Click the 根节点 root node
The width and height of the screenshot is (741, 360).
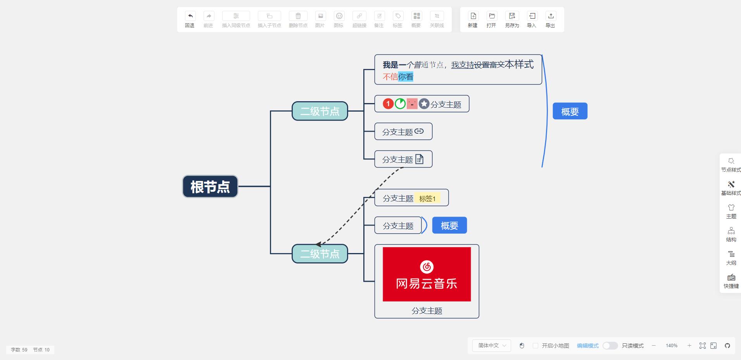[x=210, y=186]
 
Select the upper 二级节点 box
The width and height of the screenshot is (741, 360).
[x=320, y=111]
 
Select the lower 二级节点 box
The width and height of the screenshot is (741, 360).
[x=320, y=254]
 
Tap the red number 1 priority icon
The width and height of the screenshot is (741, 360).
[x=388, y=104]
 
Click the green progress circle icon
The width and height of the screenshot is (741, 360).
[x=400, y=104]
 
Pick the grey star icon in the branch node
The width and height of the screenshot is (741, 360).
[x=424, y=104]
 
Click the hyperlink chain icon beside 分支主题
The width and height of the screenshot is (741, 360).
[x=419, y=131]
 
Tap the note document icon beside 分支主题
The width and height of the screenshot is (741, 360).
[x=420, y=159]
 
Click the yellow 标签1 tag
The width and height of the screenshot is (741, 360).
[x=427, y=198]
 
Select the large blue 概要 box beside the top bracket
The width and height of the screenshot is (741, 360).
[x=570, y=111]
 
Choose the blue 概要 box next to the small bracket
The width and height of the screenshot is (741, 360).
[x=449, y=226]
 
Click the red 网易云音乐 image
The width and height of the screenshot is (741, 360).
[x=427, y=274]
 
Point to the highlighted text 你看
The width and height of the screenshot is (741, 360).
[x=406, y=77]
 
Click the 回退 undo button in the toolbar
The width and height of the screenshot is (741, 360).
[x=190, y=19]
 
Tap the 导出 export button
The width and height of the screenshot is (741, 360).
[x=551, y=19]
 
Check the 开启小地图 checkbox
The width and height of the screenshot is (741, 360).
[x=535, y=346]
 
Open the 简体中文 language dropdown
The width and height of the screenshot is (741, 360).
[x=492, y=346]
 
